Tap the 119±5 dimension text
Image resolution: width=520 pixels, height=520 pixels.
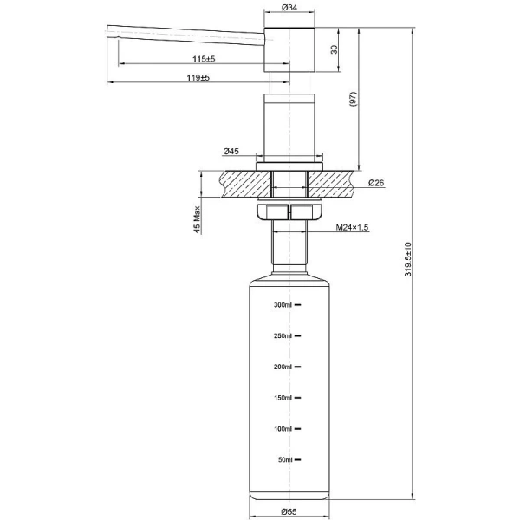(x=198, y=78)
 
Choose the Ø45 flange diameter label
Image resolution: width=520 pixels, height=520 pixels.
(x=231, y=152)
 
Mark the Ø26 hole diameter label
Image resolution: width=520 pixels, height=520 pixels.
(x=376, y=183)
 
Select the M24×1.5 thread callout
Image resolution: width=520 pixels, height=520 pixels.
(x=353, y=227)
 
